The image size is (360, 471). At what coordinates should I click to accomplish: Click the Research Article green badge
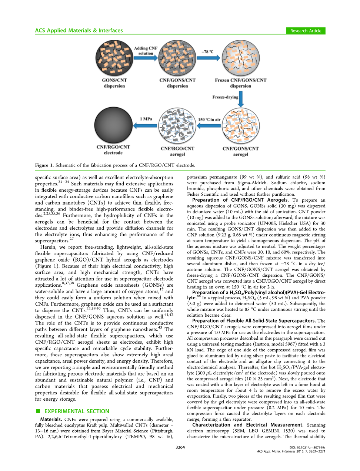pos(306,31)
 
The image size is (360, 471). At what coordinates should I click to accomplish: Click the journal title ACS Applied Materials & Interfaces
pos(79,31)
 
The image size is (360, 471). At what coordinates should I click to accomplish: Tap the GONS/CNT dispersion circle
pos(114,58)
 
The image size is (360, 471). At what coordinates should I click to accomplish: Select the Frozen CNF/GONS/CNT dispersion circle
pos(240,58)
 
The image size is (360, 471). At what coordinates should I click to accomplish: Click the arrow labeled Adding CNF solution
pos(146,58)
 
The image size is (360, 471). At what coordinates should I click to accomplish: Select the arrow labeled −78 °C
pos(209,58)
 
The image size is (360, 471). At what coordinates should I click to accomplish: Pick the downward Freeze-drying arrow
pos(241,99)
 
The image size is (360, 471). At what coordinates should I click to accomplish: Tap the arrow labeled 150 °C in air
pos(209,126)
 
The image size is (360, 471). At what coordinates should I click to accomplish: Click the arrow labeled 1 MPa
pos(146,126)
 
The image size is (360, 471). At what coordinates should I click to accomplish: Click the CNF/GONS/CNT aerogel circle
pos(240,126)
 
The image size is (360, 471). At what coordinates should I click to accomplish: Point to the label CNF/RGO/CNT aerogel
pos(177,151)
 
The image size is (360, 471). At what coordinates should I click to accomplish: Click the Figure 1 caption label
pos(44,165)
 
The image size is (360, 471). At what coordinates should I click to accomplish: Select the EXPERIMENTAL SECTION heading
pos(77,411)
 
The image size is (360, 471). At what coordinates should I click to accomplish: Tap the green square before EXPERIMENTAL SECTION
pos(37,411)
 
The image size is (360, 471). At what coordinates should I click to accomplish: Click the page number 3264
pos(180,447)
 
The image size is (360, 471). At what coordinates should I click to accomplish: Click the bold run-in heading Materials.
pos(51,420)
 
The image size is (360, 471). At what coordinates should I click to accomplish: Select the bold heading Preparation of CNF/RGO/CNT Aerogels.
pos(240,200)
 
